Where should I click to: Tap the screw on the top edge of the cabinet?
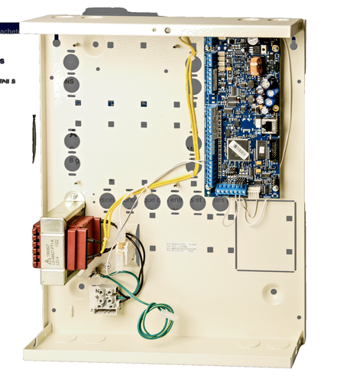pos(167,30)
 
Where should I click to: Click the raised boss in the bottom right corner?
pos(274,291)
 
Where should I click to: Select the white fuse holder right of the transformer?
pos(127,241)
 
